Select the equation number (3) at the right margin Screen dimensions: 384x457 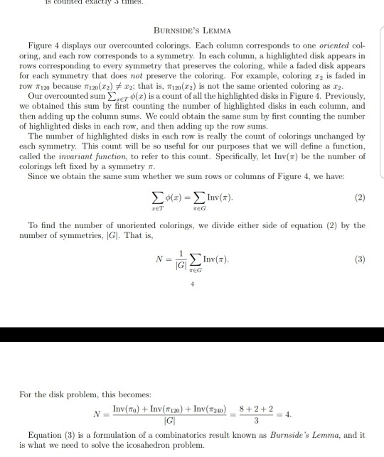click(361, 259)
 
